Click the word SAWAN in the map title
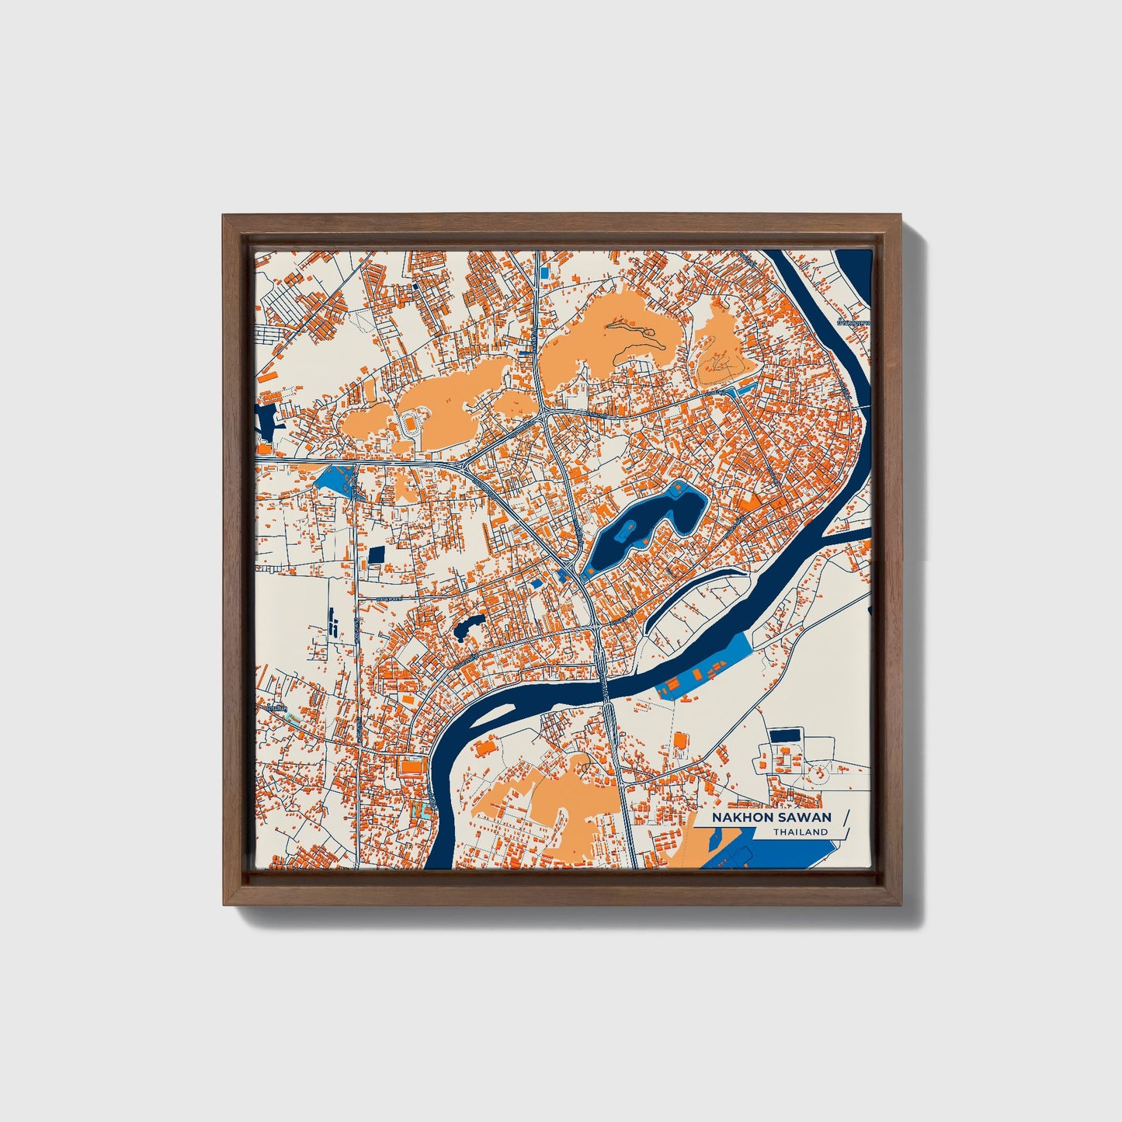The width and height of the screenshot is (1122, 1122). click(x=804, y=818)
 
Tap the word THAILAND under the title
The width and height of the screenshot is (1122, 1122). click(x=800, y=832)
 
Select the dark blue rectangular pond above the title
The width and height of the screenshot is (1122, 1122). click(x=784, y=734)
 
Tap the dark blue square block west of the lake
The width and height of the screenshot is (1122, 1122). click(x=376, y=554)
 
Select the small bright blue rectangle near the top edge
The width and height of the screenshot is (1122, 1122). click(x=544, y=273)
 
